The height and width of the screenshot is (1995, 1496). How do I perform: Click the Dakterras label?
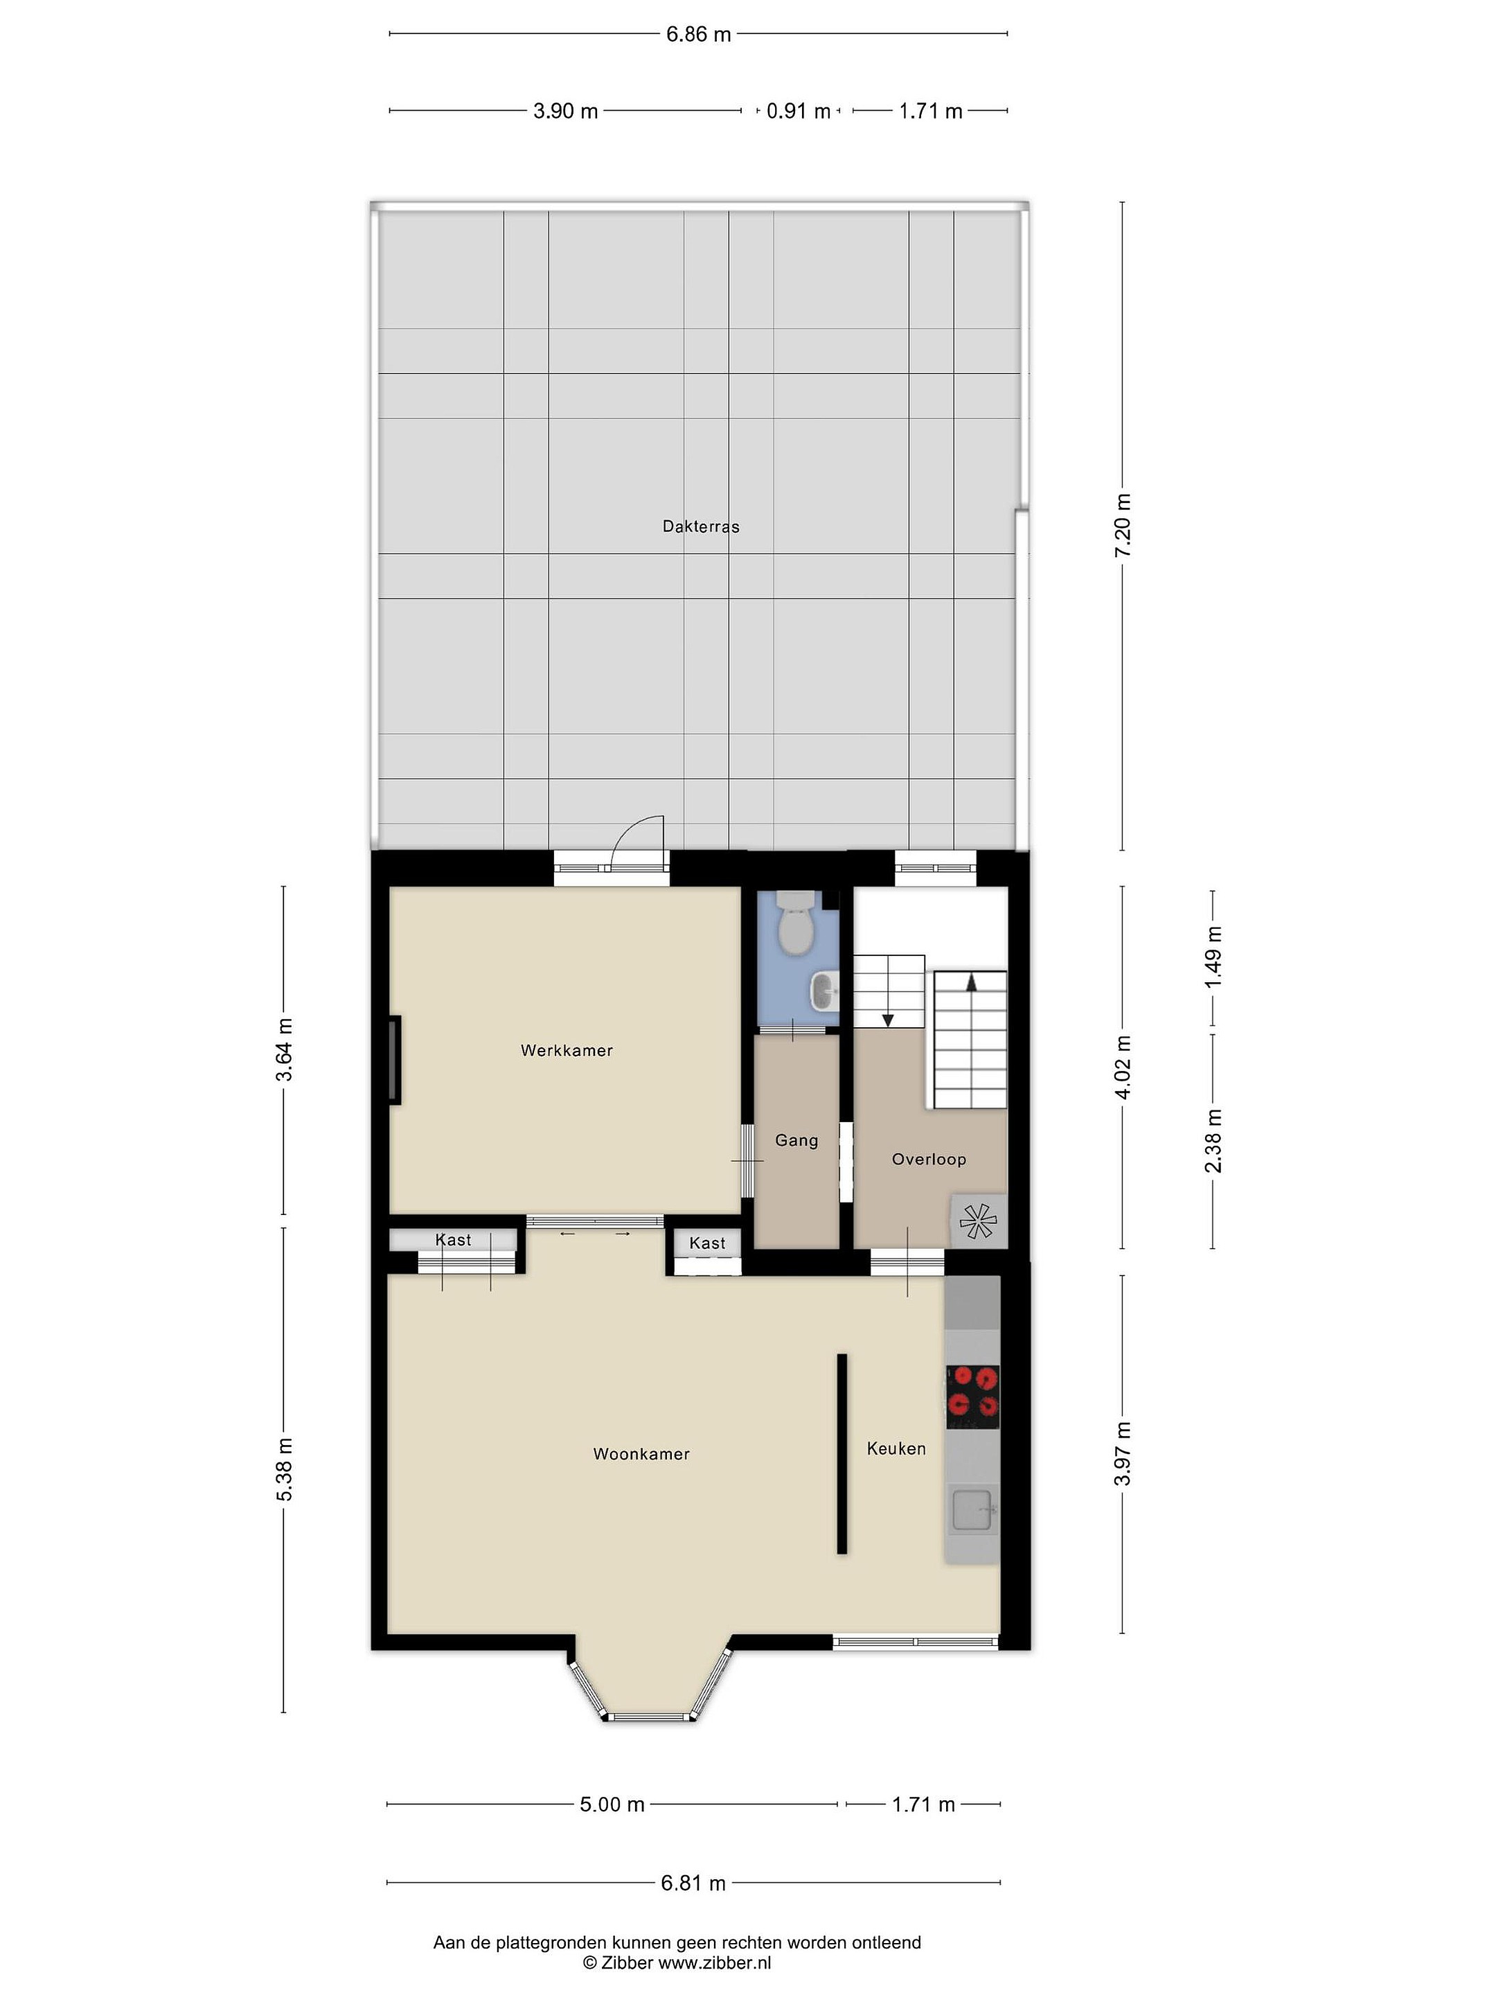click(x=701, y=526)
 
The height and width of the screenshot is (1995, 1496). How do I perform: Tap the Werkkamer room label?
click(x=567, y=1050)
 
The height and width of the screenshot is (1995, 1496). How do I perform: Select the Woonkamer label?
click(x=641, y=1453)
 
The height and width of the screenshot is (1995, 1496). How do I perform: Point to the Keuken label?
click(x=896, y=1448)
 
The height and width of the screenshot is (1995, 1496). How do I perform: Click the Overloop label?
click(x=929, y=1159)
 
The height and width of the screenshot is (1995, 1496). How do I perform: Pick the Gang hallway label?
click(x=796, y=1141)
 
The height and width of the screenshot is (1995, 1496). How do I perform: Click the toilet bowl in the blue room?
click(x=795, y=925)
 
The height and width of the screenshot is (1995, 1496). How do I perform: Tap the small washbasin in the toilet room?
click(x=825, y=991)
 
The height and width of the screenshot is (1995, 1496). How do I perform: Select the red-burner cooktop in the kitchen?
click(x=972, y=1397)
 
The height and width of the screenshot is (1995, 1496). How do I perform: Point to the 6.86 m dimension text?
click(x=698, y=34)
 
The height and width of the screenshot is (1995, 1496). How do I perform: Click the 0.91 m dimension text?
click(x=798, y=111)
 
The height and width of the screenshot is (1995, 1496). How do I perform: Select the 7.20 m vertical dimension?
click(x=1123, y=526)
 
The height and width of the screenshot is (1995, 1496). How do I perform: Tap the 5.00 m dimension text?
click(x=612, y=1804)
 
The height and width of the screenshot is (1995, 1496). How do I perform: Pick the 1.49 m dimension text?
click(x=1213, y=956)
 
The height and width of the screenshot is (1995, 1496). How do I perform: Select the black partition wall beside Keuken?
click(x=841, y=1453)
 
